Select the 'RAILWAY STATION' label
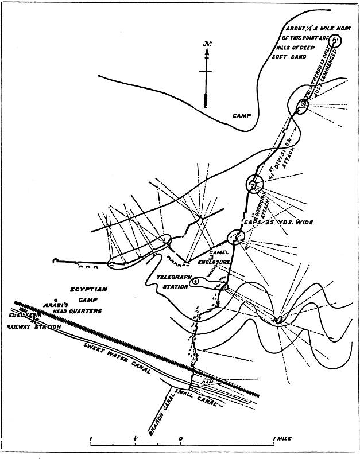point(34,327)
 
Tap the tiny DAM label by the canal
point(207,380)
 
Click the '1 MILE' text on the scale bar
point(281,438)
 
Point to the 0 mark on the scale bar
point(180,438)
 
